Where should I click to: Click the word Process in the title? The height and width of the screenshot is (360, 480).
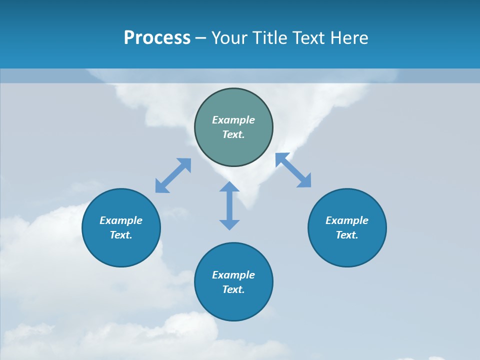[157, 38]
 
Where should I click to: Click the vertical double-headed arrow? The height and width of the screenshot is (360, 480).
[229, 205]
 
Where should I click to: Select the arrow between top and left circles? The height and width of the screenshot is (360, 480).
[173, 175]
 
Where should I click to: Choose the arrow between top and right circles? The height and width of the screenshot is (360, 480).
[293, 170]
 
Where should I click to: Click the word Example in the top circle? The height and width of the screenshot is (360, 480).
[233, 120]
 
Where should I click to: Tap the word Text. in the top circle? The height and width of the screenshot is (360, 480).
[233, 134]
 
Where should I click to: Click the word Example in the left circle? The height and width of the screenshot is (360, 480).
[121, 220]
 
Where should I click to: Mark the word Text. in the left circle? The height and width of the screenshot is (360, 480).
[121, 235]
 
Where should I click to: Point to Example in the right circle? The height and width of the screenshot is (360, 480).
[347, 220]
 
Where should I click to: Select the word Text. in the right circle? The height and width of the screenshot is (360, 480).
[347, 235]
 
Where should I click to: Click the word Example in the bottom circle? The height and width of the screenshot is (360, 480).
[233, 275]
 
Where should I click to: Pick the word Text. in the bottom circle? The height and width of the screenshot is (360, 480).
[233, 289]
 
